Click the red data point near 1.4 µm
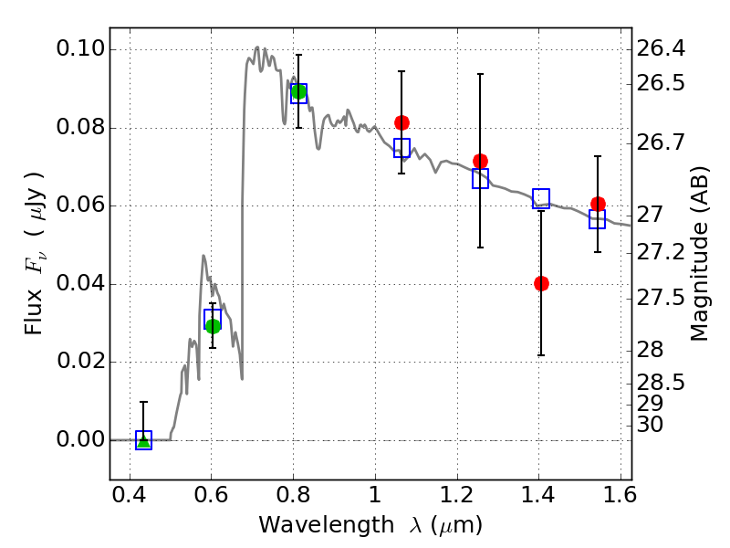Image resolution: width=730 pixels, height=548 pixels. click(x=541, y=283)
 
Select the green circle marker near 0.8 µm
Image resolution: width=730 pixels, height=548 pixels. click(x=298, y=91)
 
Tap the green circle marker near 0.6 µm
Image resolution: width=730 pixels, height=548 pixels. click(x=213, y=326)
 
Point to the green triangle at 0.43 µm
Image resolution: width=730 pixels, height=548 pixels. click(x=143, y=440)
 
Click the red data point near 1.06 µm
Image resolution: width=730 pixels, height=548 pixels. click(x=401, y=122)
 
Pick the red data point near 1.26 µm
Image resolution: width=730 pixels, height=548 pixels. click(x=480, y=162)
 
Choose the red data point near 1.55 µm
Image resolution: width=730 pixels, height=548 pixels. click(x=598, y=204)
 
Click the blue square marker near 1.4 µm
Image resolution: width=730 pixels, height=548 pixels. click(x=541, y=198)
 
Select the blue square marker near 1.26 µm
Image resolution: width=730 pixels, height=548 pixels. click(x=480, y=179)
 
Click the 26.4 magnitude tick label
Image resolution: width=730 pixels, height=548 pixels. click(x=660, y=47)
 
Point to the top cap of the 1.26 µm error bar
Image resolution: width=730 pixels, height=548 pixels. click(x=480, y=74)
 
